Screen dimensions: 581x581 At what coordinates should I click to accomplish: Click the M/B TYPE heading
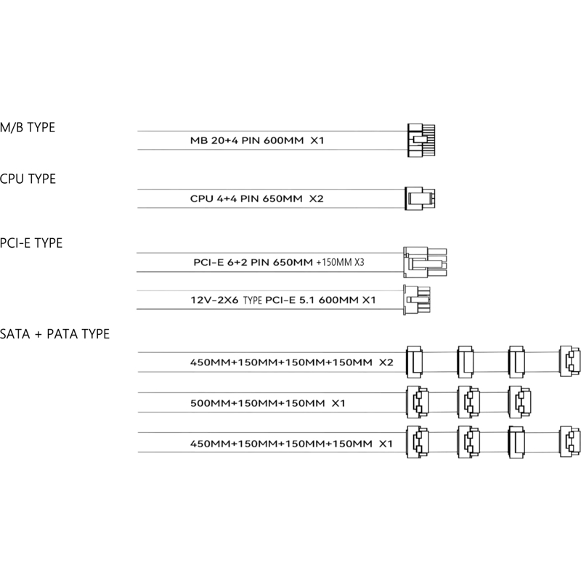click(28, 128)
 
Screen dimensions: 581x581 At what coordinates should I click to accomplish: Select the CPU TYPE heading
click(28, 179)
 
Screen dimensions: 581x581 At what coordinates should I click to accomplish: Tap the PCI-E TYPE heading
click(31, 243)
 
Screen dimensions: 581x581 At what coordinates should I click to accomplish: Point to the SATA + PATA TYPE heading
click(55, 334)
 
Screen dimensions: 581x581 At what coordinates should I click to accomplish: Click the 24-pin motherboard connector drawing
click(421, 140)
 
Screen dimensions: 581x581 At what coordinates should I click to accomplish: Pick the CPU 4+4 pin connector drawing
click(420, 198)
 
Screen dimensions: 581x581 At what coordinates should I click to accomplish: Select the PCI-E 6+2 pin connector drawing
click(425, 262)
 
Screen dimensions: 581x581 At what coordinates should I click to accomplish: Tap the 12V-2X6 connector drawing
click(417, 300)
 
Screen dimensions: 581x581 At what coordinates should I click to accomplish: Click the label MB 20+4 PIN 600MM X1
click(257, 140)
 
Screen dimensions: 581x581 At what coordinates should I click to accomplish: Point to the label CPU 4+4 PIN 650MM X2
click(257, 198)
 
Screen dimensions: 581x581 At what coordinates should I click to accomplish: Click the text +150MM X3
click(340, 262)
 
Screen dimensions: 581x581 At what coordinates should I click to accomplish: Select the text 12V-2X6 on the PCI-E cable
click(214, 300)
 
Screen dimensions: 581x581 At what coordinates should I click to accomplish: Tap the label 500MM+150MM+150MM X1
click(267, 403)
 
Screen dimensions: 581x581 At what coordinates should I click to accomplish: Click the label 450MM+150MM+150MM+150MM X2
click(292, 362)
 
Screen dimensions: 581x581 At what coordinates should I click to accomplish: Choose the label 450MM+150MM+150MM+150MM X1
click(291, 444)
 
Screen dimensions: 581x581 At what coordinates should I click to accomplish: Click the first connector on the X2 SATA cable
click(414, 362)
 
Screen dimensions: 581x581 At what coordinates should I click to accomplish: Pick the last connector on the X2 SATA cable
click(570, 361)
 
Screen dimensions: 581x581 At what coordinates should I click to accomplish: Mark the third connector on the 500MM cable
click(519, 402)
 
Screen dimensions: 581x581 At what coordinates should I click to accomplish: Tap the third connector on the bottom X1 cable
click(516, 442)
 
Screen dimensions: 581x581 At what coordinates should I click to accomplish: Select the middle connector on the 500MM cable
click(468, 402)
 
